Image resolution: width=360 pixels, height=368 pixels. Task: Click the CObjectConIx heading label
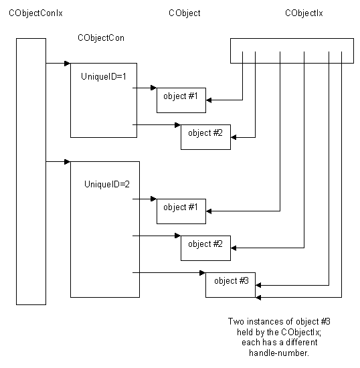click(35, 13)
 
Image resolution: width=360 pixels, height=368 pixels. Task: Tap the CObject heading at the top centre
click(185, 13)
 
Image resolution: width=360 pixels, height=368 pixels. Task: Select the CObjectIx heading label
click(304, 13)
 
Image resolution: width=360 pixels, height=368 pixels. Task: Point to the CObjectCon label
click(101, 38)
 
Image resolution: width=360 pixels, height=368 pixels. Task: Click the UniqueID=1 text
click(104, 76)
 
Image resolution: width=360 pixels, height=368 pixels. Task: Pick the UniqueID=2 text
click(107, 184)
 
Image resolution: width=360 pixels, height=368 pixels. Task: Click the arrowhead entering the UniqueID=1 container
click(68, 63)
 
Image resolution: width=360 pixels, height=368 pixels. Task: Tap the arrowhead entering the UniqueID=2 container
click(68, 162)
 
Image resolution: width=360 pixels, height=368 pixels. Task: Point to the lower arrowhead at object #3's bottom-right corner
click(258, 298)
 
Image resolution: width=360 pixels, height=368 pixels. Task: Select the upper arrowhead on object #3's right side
click(258, 285)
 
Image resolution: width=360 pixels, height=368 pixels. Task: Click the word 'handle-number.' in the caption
click(279, 353)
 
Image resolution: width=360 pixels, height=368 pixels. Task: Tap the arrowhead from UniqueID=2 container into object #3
click(202, 273)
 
